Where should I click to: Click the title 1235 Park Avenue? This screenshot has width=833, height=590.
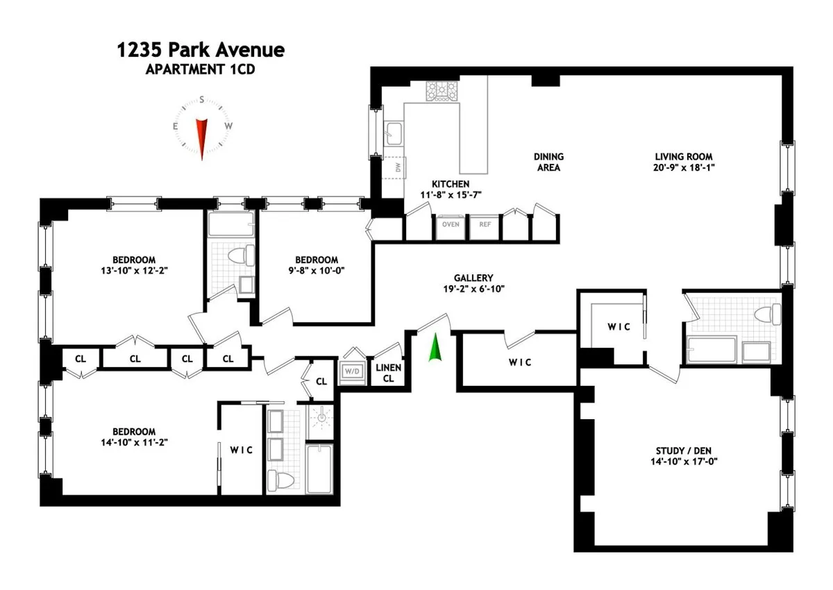[201, 51]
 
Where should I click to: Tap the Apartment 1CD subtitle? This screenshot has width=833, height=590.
[201, 69]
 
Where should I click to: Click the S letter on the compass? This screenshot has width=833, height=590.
[201, 99]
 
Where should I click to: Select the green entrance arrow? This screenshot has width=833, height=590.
[435, 348]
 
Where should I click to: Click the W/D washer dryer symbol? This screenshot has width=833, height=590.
[352, 372]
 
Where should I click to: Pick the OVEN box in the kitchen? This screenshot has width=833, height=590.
[451, 224]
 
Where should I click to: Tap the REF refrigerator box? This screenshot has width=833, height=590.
[485, 224]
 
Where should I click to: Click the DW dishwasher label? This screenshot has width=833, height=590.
[398, 168]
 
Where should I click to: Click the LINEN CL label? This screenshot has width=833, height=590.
[388, 373]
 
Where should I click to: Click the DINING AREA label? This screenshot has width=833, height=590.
[548, 162]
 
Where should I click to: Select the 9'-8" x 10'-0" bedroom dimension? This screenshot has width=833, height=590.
[316, 271]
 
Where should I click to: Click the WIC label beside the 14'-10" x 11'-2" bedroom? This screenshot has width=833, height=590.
[241, 450]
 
